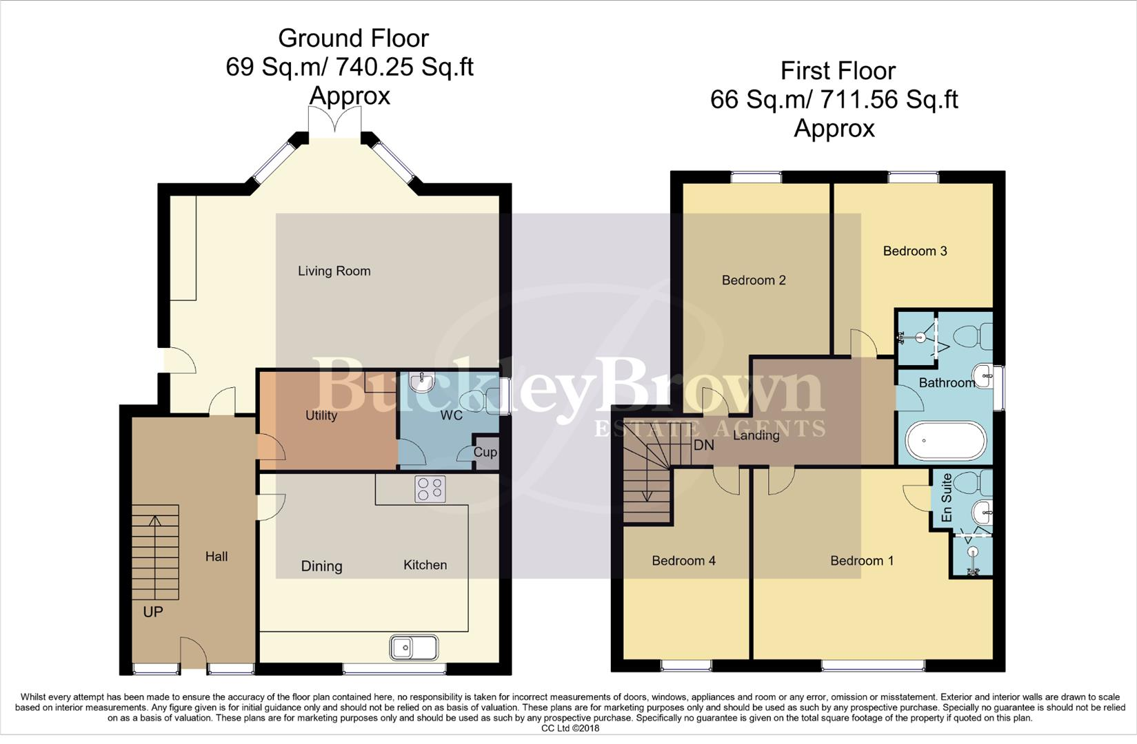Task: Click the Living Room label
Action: point(334,271)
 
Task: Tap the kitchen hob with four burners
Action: point(430,489)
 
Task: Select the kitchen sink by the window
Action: point(414,648)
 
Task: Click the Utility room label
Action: point(321,415)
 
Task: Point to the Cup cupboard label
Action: point(485,453)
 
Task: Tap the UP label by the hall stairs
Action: point(153,612)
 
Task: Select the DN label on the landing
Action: point(703,446)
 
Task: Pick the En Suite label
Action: point(947,497)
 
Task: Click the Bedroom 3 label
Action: point(915,251)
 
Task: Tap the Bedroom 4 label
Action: point(683,561)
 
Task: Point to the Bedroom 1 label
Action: point(862,561)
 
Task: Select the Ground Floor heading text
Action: point(353,39)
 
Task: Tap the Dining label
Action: point(321,566)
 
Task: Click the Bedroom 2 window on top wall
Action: point(756,178)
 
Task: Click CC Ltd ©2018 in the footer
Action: point(570,728)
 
